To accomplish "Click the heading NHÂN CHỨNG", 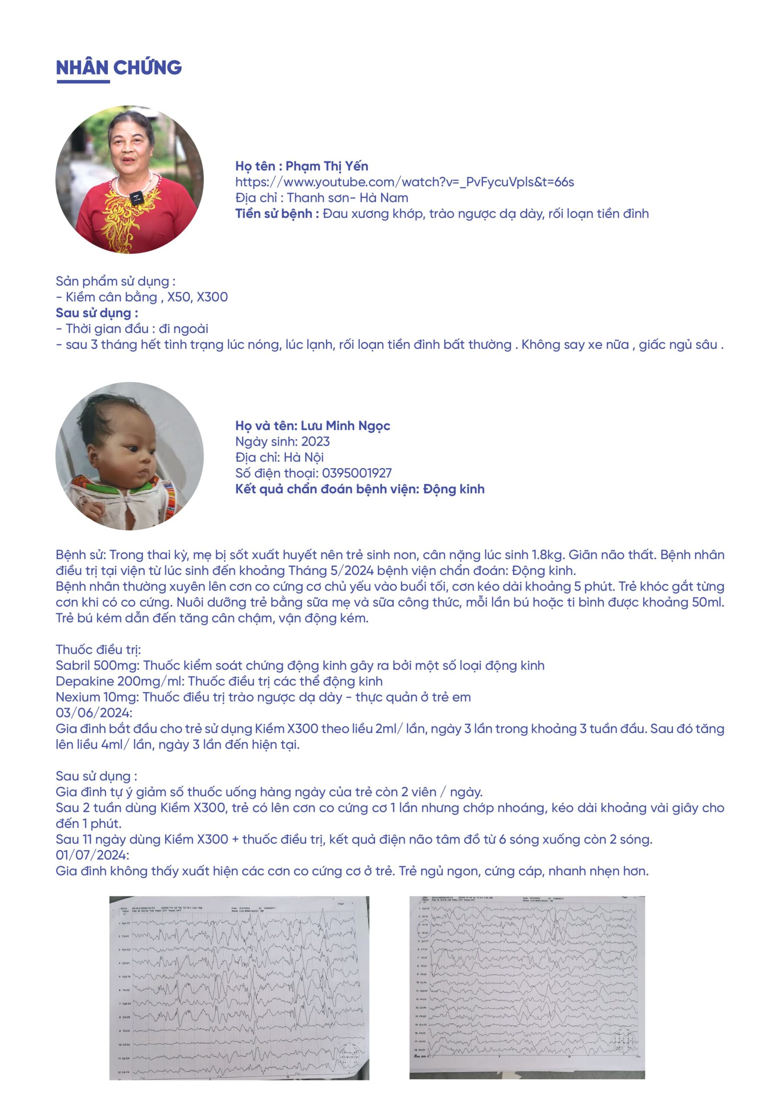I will pos(119,67).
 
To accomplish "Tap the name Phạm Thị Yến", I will pos(327,166).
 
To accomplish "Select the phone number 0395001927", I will pos(357,473).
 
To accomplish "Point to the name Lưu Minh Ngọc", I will pos(345,425).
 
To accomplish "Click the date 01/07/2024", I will pos(92,855).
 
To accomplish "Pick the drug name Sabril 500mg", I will pos(97,665).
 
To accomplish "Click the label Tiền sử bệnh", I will pos(277,214).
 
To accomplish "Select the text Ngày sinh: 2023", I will pos(282,441).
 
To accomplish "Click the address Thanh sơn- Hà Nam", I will pos(347,198).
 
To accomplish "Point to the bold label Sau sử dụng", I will pos(97,313).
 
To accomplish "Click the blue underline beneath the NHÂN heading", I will pos(83,81).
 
